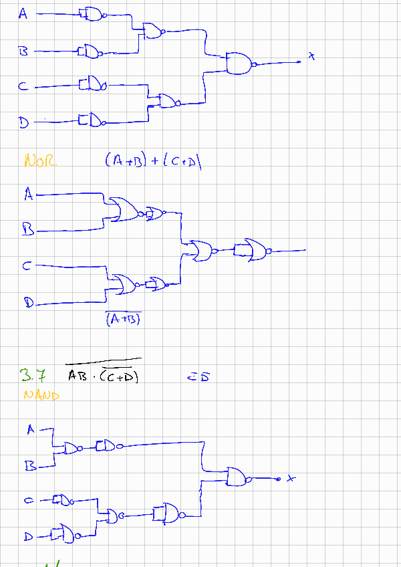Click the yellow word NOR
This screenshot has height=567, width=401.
coord(40,160)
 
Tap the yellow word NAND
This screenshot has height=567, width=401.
coord(41,395)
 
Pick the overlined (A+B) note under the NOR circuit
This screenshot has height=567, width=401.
coord(124,319)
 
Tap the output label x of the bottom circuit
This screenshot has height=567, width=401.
coord(290,478)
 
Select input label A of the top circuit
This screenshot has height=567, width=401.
coord(23,13)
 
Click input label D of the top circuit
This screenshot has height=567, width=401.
coord(23,122)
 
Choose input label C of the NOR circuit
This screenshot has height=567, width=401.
coord(27,266)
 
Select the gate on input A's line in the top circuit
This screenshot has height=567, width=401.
coord(92,13)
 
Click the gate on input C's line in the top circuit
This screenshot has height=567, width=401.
coord(92,84)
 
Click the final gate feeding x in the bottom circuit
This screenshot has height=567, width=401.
coord(237,477)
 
